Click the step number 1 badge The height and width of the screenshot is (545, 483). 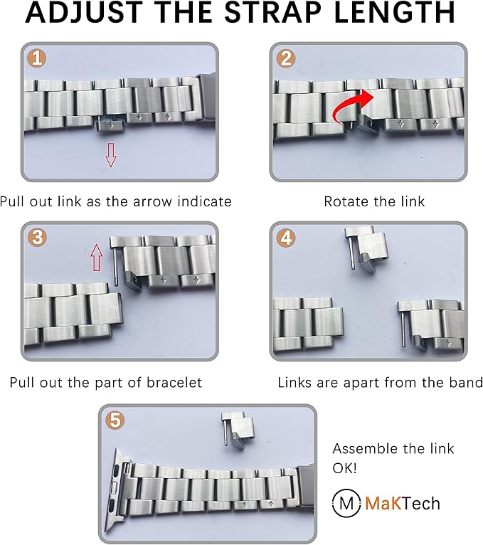click(37, 58)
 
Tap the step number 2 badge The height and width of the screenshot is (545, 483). click(286, 58)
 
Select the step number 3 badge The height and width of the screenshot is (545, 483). click(37, 238)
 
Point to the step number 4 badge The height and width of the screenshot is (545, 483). click(286, 238)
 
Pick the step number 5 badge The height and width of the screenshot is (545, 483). click(115, 420)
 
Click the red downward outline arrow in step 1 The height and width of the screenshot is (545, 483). click(111, 154)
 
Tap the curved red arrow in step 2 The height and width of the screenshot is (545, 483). click(351, 105)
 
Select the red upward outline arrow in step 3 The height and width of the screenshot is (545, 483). click(97, 258)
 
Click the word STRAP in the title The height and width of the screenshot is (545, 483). click(272, 13)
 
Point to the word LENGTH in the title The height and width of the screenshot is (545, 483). click(394, 13)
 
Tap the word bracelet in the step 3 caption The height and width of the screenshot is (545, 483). click(174, 382)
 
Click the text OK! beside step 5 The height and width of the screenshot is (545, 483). click(344, 468)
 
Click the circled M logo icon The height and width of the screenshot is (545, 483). click(346, 503)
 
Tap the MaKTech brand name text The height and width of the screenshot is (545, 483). click(403, 503)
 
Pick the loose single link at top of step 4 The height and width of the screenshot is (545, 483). click(366, 248)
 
